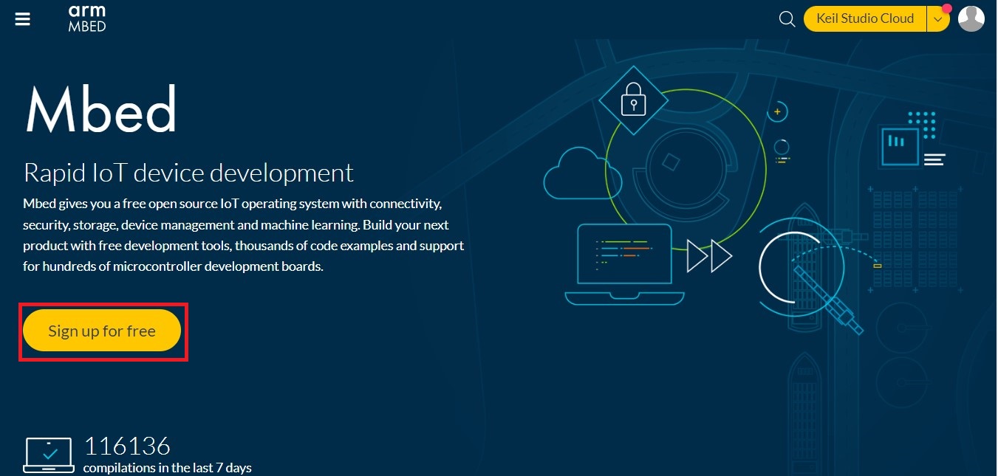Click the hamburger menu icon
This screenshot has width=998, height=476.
22,18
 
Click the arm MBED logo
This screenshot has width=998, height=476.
87,18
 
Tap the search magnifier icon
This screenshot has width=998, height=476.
787,18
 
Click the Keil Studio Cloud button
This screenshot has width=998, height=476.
865,18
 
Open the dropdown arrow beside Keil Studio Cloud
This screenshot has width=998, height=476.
938,19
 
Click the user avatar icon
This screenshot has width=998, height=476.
971,18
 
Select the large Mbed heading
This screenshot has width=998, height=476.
100,109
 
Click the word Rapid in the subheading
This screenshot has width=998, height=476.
55,173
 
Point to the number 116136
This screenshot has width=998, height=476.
127,446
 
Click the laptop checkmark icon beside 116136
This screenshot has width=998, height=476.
49,455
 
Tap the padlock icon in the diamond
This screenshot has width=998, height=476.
633,100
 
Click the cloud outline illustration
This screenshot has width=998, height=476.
582,173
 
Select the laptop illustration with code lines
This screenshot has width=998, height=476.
624,264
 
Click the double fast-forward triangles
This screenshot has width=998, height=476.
709,256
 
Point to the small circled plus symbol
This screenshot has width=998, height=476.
777,111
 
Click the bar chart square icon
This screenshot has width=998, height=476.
900,147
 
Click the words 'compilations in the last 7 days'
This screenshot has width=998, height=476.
167,468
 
